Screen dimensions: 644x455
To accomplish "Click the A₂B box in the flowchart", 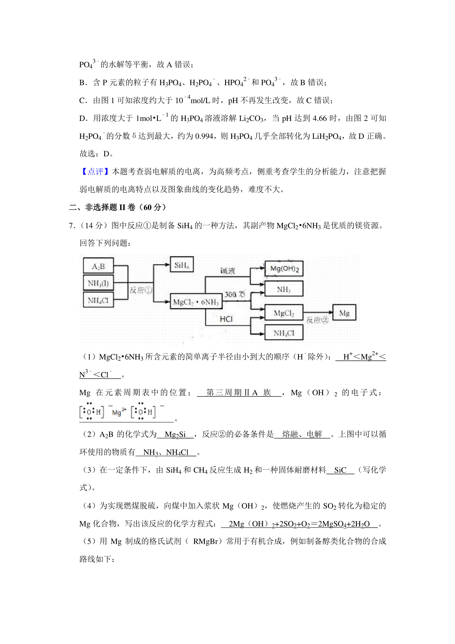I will tap(98, 266).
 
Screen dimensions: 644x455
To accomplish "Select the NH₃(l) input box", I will tap(98, 283).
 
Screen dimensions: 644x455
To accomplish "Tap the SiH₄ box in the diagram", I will tap(182, 265).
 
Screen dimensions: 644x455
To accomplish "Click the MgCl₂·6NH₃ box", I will tap(196, 302).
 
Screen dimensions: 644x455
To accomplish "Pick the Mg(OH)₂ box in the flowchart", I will tap(284, 269).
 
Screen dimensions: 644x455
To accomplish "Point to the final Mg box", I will tap(344, 313).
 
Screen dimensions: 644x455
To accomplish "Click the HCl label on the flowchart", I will tap(226, 319).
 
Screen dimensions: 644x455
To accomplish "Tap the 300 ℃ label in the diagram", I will tap(235, 294).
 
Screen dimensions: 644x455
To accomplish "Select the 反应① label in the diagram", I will tap(141, 290).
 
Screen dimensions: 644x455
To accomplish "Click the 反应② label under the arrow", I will tap(317, 320).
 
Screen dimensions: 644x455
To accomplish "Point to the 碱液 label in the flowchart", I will tap(228, 271).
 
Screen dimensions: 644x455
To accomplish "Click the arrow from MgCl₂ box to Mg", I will tap(318, 313).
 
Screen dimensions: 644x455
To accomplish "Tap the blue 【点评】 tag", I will tap(95, 172).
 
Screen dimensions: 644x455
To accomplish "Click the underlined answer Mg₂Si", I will tap(175, 435).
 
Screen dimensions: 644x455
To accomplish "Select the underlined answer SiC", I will tap(340, 470).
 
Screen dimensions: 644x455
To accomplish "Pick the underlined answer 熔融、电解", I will tap(302, 435).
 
